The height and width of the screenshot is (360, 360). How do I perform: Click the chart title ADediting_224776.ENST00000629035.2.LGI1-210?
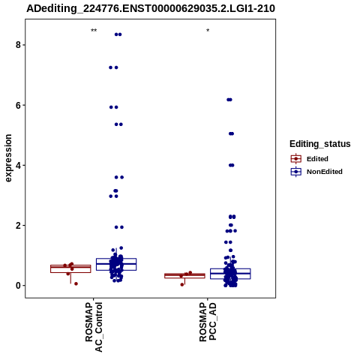(151, 8)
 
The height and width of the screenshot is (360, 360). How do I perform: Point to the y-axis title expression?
(8, 158)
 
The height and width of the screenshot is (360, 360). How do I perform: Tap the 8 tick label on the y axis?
(18, 45)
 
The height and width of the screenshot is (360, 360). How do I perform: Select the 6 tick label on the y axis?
(18, 105)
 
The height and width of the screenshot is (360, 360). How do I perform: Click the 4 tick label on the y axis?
(18, 165)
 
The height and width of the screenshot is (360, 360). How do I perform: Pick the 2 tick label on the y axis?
(18, 226)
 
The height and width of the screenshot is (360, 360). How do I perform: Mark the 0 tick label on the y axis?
(18, 286)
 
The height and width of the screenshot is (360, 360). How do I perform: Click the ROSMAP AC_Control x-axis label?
(94, 327)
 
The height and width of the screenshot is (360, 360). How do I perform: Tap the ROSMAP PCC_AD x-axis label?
(208, 322)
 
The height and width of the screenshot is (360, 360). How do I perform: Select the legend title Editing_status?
(320, 144)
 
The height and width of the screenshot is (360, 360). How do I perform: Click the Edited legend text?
(317, 159)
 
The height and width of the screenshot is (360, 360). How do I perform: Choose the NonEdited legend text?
(325, 172)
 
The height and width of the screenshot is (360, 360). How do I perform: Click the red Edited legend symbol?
(296, 159)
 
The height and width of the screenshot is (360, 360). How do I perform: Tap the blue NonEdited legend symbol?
(296, 172)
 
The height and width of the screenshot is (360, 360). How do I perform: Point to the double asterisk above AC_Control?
(94, 31)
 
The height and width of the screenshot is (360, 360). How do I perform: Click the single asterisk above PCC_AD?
(208, 31)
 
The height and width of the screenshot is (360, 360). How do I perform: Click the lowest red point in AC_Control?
(76, 283)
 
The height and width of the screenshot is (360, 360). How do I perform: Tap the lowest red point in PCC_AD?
(182, 285)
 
